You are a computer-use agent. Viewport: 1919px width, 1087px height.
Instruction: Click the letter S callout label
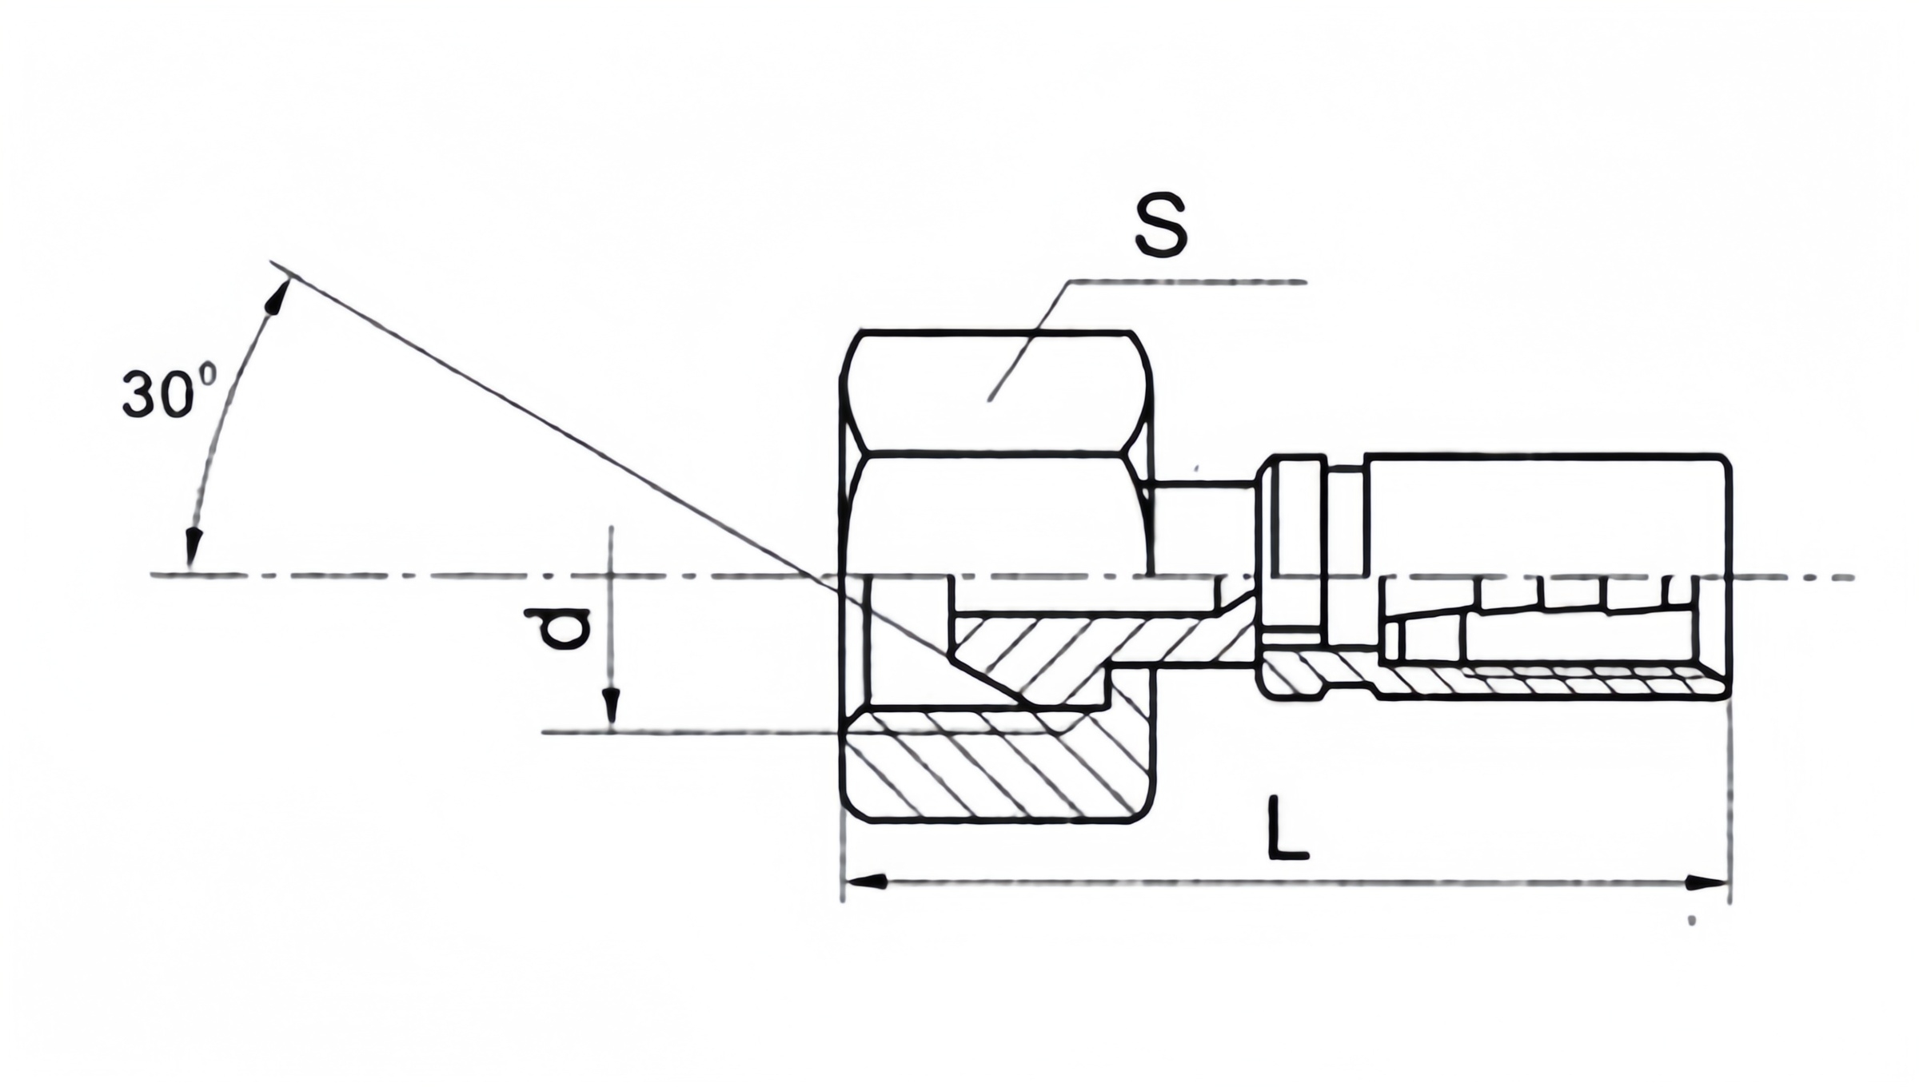point(1161,225)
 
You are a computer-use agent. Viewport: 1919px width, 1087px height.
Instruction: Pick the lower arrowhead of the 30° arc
point(191,548)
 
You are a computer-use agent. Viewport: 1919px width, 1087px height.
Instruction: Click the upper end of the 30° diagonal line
point(273,263)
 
